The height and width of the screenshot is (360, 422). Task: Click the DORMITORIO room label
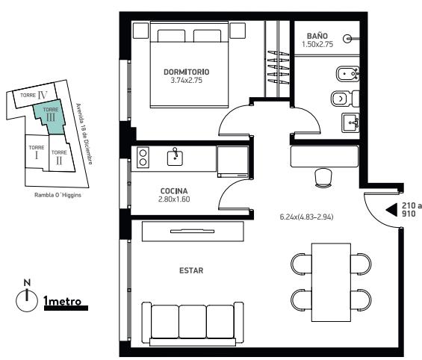186,72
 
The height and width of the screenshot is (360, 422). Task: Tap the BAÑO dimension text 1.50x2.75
317,44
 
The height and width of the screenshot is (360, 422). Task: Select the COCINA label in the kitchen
174,191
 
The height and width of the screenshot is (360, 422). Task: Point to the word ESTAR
191,270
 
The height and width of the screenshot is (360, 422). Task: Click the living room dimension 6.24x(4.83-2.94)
306,217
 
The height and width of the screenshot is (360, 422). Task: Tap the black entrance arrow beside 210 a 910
391,210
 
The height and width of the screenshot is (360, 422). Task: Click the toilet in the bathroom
345,99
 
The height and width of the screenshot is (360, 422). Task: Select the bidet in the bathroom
347,74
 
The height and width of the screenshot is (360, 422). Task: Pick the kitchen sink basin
175,158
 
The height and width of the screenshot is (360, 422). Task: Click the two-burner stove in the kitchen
143,158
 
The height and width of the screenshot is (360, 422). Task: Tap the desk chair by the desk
323,177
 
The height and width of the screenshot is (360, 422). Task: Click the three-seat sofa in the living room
193,323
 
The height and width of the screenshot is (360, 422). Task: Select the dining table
331,282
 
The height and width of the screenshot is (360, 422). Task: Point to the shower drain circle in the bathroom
347,39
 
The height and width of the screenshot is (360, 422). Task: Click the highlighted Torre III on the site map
50,117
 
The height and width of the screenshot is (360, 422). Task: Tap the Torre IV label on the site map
34,95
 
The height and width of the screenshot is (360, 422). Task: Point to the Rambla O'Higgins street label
58,195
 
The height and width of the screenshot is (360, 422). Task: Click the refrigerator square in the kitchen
233,161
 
